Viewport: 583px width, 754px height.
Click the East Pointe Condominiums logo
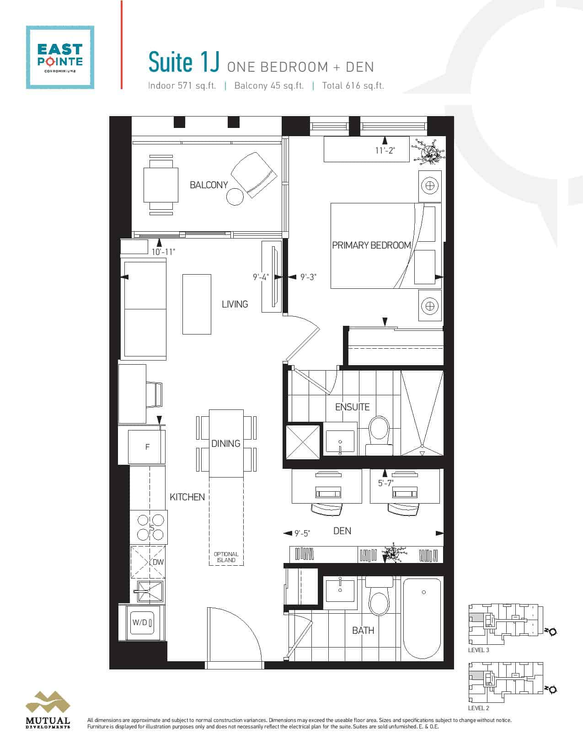point(60,57)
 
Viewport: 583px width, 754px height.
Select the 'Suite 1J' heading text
point(184,62)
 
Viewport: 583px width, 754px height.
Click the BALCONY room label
point(209,185)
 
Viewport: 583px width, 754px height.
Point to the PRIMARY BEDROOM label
point(372,245)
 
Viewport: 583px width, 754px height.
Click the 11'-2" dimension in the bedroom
point(385,151)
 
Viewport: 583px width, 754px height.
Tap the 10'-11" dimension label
point(163,252)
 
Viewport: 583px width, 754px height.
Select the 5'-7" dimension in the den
point(386,483)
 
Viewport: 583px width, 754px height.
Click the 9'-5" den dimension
point(302,533)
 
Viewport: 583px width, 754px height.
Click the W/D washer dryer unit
point(142,622)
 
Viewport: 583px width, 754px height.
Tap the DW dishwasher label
point(158,562)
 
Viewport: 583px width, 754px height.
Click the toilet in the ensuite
point(379,435)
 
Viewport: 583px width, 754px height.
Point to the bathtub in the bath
point(422,618)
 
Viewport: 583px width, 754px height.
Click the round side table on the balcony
point(235,197)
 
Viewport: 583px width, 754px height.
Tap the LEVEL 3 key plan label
point(478,650)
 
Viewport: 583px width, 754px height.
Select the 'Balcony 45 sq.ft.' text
point(269,86)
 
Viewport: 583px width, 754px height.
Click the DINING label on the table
point(226,443)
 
